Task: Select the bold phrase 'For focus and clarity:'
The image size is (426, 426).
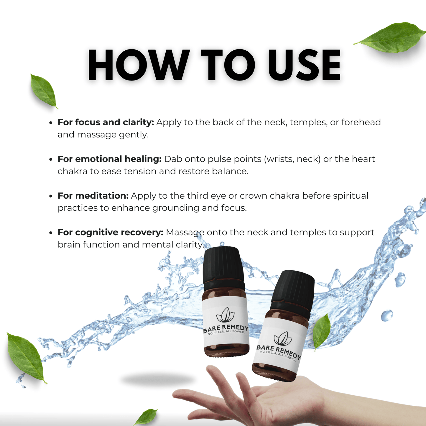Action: [x=106, y=122]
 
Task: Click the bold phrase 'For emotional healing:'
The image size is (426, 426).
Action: [x=109, y=159]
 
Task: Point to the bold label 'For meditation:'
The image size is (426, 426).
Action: [x=93, y=196]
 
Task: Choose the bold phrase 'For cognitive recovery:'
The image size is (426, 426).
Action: [x=110, y=232]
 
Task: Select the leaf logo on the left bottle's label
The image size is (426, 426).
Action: [x=226, y=315]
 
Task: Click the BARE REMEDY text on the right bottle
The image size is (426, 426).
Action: [x=279, y=351]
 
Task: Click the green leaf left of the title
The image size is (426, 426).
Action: [x=44, y=91]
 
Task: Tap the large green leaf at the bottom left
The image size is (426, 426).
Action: [x=26, y=357]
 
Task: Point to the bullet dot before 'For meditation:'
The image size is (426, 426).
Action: [x=51, y=196]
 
